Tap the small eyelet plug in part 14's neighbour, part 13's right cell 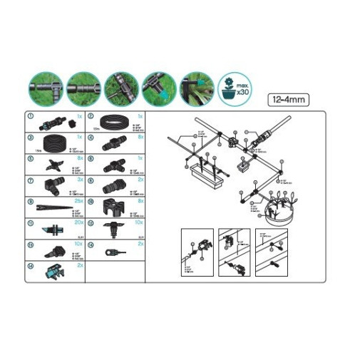110,251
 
